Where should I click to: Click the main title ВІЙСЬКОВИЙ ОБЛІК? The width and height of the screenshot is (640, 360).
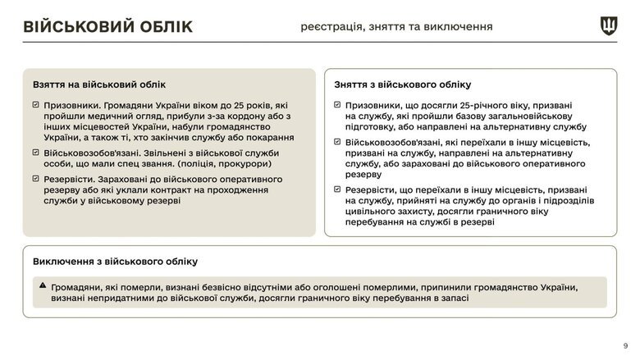point(107,27)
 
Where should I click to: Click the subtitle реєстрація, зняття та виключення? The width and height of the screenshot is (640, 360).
point(396,27)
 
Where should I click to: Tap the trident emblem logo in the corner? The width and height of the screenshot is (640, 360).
point(609,25)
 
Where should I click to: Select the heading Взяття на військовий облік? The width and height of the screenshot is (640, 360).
point(99,84)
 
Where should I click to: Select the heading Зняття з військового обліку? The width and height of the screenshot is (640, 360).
point(403,84)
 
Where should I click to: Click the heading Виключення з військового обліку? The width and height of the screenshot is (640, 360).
point(115,262)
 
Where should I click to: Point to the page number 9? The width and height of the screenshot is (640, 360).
point(626,345)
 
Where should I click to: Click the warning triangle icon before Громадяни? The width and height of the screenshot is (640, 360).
point(43,286)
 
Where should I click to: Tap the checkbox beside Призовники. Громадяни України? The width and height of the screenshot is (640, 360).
point(35,106)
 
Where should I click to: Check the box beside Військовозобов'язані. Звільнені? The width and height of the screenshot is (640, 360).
point(35,153)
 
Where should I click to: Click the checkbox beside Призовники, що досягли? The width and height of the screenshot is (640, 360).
point(338,106)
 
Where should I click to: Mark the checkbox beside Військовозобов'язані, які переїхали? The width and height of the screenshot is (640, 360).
point(338,143)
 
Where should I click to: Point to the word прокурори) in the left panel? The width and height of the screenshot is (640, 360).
point(246,164)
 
